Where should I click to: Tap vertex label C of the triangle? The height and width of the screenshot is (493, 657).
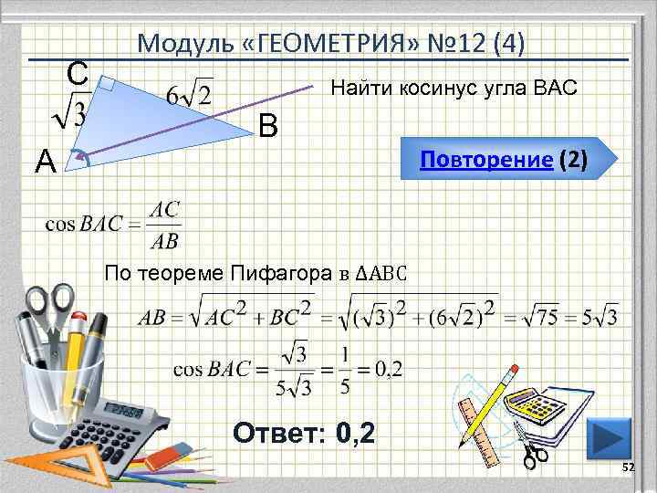(x=78, y=72)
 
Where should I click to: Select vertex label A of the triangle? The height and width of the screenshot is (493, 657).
(x=46, y=162)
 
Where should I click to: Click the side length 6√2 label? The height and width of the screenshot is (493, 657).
(x=190, y=94)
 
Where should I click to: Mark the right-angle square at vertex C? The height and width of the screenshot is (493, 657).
(x=104, y=86)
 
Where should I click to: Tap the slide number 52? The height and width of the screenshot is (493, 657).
(x=627, y=467)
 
